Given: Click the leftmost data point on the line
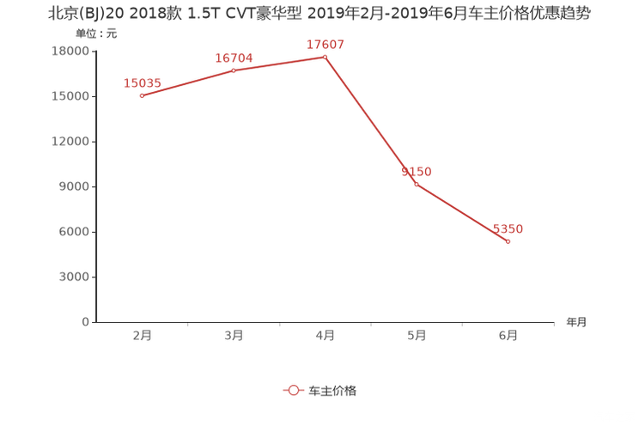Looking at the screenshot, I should [x=141, y=94].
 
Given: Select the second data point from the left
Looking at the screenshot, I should [x=234, y=70].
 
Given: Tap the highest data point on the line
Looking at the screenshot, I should [x=325, y=57].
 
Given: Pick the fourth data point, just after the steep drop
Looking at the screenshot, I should [x=416, y=184].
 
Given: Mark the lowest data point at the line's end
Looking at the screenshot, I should [x=508, y=241].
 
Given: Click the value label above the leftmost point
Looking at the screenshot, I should [x=143, y=82].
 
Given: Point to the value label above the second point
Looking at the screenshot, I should [x=234, y=58].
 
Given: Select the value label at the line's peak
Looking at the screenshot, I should [x=326, y=44].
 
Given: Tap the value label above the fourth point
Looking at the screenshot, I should [x=417, y=171].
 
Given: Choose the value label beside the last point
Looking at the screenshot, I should [x=508, y=229].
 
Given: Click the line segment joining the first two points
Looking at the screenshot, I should [x=187, y=82].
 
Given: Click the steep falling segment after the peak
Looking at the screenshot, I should [x=370, y=120].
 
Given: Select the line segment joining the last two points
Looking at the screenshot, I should [x=462, y=213].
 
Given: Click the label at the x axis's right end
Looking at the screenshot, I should [x=577, y=323].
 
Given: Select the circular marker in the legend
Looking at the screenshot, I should [x=293, y=390].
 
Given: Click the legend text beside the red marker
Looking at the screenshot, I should [x=332, y=390].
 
